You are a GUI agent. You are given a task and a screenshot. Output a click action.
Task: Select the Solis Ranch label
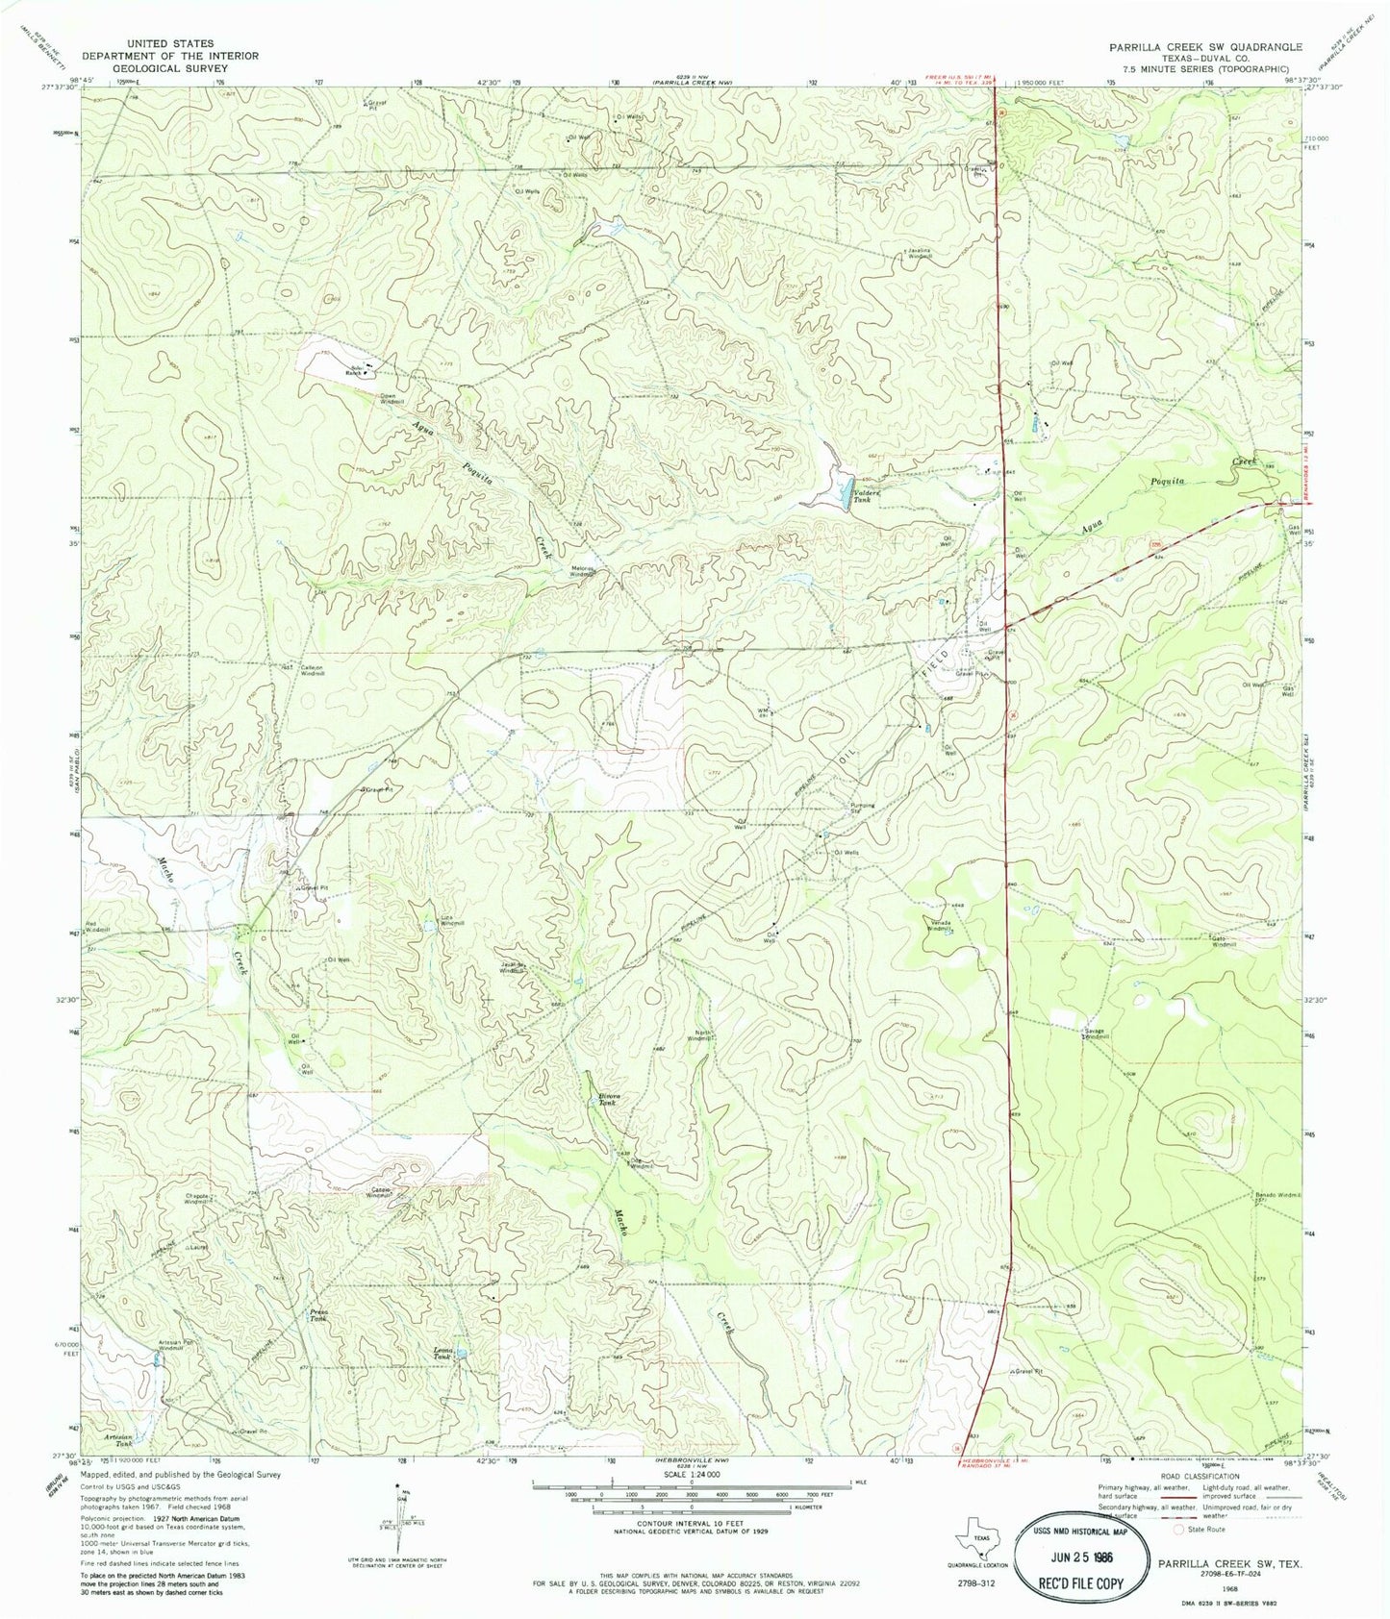coord(355,370)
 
